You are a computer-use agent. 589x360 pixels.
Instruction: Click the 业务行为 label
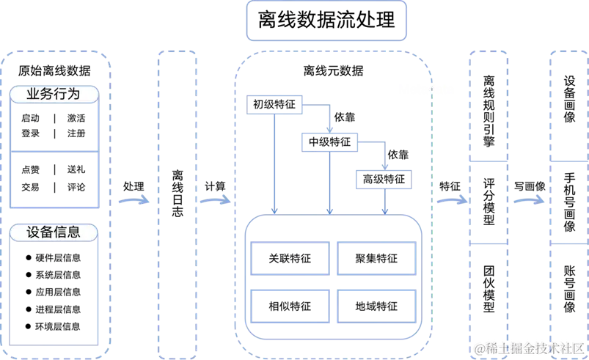tap(53, 95)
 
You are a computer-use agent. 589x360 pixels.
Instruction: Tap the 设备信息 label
tap(53, 232)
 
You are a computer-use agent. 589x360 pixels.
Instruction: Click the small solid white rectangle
tap(428, 89)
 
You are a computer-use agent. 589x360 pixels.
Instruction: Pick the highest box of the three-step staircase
tap(275, 105)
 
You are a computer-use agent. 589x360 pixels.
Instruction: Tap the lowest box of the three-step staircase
tap(384, 179)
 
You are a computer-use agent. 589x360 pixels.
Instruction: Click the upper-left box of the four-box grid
tap(288, 257)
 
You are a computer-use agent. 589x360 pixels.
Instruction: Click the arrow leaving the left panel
tap(133, 199)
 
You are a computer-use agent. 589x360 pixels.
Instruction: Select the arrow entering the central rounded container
tap(216, 199)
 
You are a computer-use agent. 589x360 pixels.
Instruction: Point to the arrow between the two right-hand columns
tap(530, 199)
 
